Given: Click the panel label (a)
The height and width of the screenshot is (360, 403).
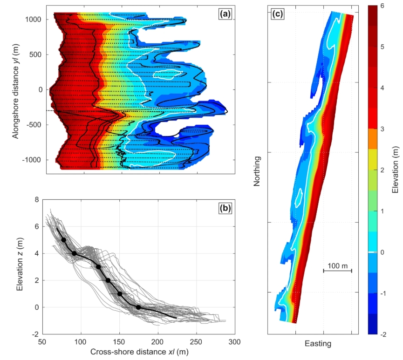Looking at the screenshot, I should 225,14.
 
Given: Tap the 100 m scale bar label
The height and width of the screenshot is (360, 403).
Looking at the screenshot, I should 337,265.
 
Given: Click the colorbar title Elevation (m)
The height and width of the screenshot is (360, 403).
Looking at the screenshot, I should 396,170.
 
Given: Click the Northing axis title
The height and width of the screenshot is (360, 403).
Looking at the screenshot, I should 256,172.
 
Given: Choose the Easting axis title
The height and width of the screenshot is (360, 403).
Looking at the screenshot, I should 318,344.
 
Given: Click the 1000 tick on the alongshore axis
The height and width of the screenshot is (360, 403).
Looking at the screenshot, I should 34,20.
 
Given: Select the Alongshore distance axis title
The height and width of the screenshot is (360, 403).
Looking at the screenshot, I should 15,89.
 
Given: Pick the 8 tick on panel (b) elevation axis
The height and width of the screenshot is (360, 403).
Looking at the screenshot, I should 36,199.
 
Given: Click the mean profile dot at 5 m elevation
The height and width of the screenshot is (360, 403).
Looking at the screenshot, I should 64,240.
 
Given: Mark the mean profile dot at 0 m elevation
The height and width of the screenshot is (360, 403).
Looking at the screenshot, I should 138,307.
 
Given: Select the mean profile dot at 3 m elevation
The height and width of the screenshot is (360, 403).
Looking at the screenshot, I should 98,267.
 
